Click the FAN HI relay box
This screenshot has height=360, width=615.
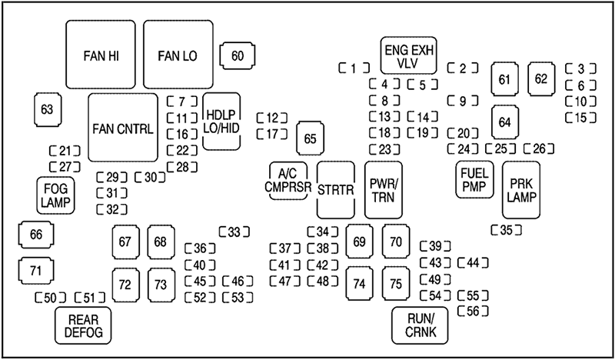101,55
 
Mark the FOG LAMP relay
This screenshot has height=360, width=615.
54,195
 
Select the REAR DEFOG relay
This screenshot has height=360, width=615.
83,325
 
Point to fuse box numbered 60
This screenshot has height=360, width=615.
238,55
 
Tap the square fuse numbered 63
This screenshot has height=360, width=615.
48,109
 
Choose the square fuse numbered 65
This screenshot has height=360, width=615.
310,138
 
